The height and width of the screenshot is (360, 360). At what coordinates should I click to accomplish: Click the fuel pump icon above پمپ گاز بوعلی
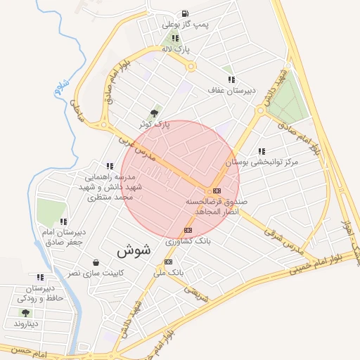click(x=184, y=13)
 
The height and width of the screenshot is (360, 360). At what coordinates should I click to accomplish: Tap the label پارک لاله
click(x=175, y=49)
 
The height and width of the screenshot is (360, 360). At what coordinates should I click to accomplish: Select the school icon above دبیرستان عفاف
click(x=231, y=79)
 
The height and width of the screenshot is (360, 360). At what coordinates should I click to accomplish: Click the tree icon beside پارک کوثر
click(x=155, y=112)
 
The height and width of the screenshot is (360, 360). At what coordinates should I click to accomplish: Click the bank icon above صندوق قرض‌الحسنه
click(x=217, y=191)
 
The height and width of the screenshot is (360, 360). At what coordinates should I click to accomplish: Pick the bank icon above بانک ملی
click(x=167, y=262)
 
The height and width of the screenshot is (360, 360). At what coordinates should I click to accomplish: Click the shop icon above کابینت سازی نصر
click(x=95, y=262)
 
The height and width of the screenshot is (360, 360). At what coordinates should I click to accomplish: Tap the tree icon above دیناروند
click(x=25, y=313)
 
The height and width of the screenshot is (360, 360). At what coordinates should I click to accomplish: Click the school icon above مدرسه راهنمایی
click(x=108, y=167)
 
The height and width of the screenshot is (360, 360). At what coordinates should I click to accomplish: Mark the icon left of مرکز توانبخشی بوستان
click(x=262, y=151)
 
